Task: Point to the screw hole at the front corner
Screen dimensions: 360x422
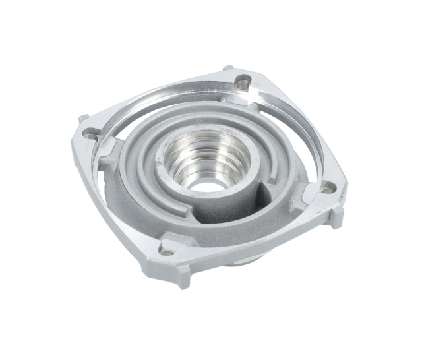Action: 166,251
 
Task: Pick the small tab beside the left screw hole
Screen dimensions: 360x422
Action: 83,119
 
